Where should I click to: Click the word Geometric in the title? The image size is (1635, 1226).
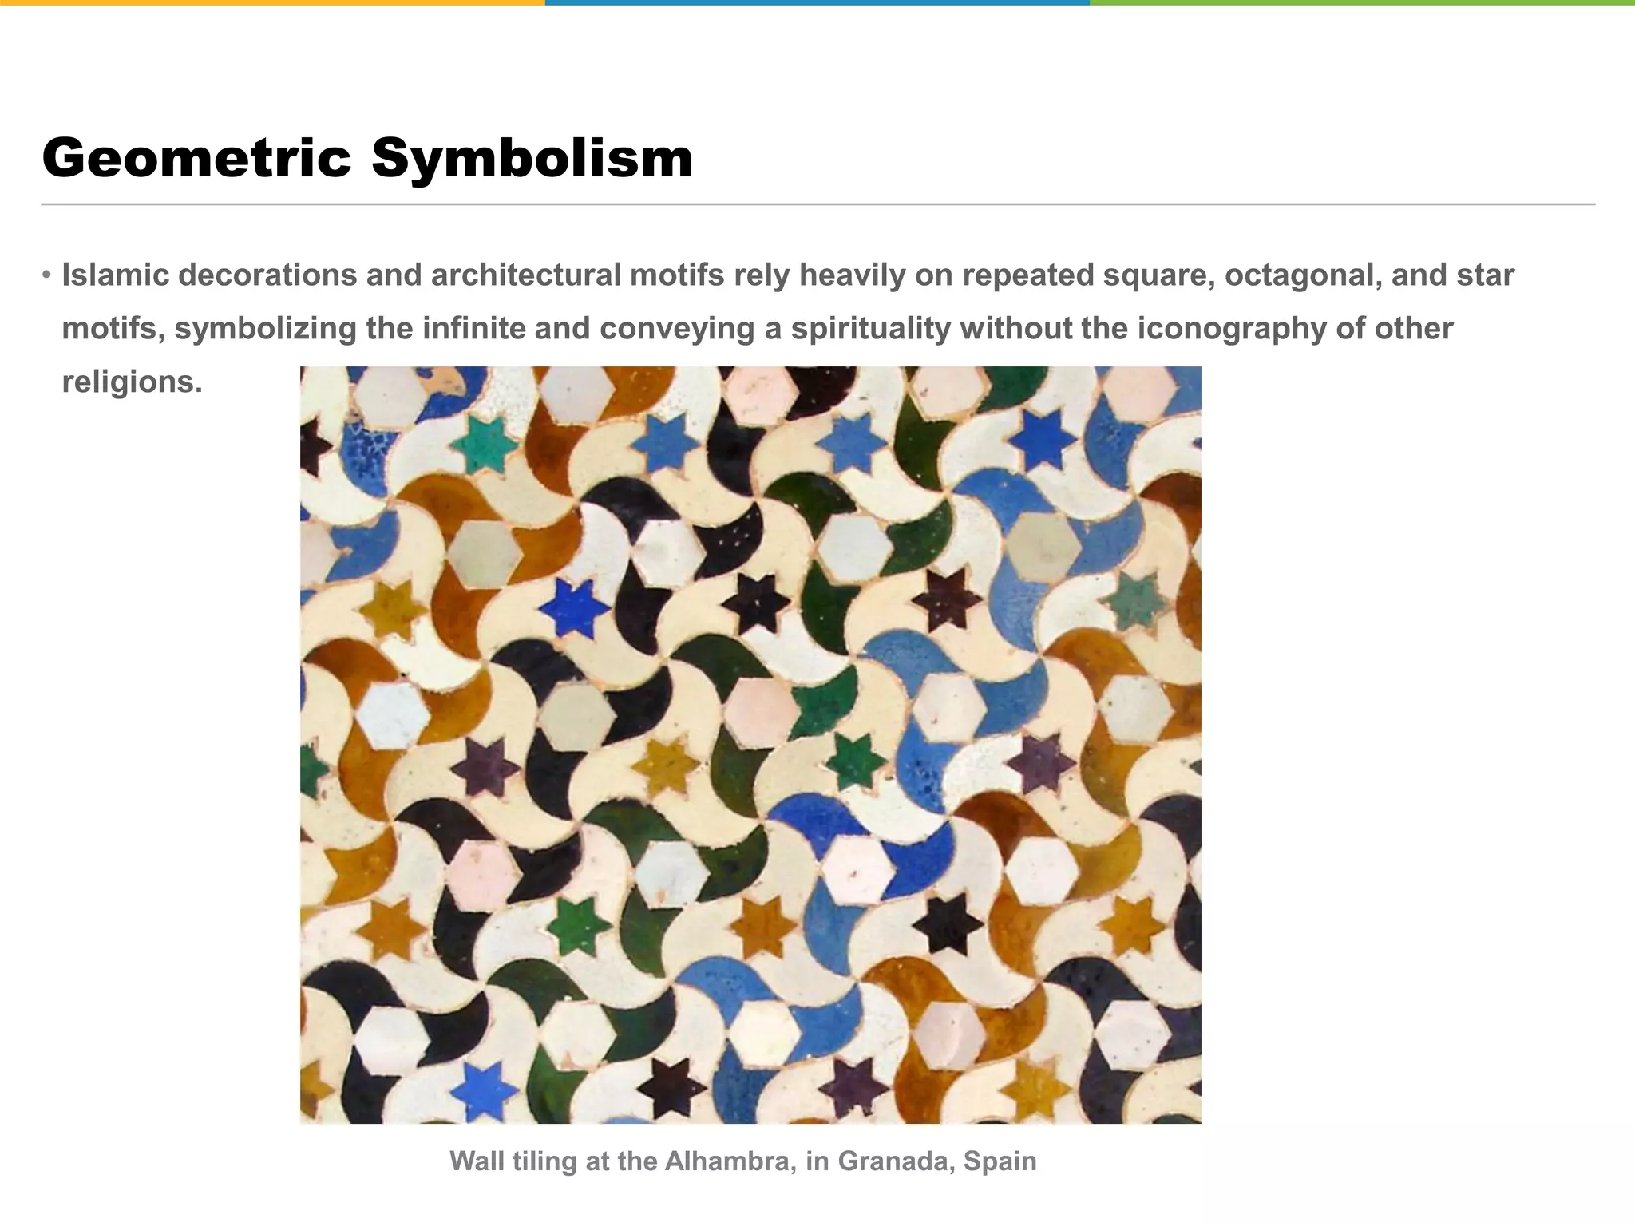pos(196,159)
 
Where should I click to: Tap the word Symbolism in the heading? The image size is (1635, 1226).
pos(532,159)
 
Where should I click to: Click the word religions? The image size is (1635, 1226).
pos(132,382)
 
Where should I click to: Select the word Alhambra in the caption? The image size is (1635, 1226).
pos(730,1161)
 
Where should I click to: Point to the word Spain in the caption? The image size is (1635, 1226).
pos(1000,1161)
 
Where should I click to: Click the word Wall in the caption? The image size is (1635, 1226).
pos(477,1161)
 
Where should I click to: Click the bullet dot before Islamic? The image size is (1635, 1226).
pos(46,276)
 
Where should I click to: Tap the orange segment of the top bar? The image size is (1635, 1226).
pos(271,2)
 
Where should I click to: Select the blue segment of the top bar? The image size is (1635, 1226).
pos(817,2)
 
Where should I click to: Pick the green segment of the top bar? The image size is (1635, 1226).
pos(1361,2)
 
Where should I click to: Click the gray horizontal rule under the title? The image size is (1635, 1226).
pos(817,204)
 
